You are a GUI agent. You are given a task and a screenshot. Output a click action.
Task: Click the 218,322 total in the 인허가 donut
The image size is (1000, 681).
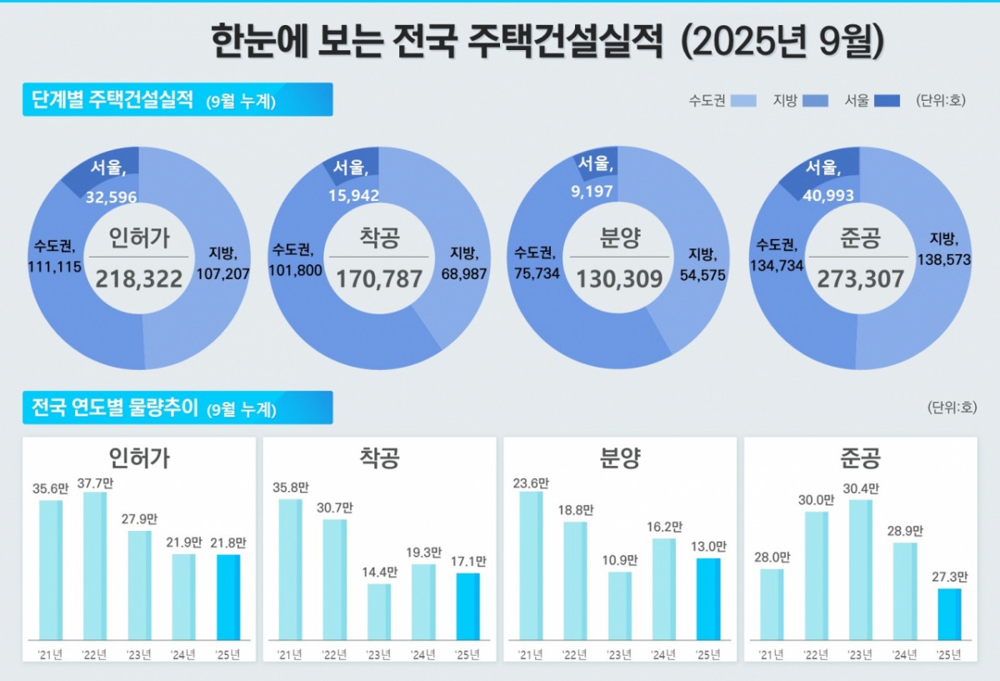click(x=138, y=278)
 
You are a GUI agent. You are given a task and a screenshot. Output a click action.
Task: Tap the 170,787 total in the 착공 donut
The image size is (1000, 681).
click(x=379, y=278)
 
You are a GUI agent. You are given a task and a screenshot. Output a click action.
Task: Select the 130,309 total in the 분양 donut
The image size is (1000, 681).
click(x=619, y=278)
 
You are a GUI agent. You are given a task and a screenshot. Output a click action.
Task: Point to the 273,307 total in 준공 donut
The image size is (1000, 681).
click(x=861, y=278)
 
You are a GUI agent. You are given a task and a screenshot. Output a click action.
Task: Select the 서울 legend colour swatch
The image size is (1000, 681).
click(x=888, y=101)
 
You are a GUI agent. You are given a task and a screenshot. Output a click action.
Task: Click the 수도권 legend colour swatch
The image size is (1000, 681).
click(x=744, y=101)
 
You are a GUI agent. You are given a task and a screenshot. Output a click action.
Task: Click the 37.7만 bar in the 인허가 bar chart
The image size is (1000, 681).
click(x=95, y=565)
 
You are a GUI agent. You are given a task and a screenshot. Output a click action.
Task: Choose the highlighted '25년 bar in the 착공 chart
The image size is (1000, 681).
click(x=468, y=606)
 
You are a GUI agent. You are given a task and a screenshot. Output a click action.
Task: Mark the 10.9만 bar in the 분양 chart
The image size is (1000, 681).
click(x=619, y=605)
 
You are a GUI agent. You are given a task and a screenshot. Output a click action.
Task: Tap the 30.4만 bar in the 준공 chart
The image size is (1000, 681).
click(x=860, y=569)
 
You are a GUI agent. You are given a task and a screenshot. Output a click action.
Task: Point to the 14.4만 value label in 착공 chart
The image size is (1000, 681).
click(x=379, y=572)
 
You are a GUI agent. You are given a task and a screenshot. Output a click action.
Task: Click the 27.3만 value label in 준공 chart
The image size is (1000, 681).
click(x=949, y=577)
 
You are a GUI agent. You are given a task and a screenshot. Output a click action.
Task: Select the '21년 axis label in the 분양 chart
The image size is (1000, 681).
click(x=530, y=654)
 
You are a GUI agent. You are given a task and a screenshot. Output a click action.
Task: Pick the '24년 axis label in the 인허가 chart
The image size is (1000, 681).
click(x=183, y=654)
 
